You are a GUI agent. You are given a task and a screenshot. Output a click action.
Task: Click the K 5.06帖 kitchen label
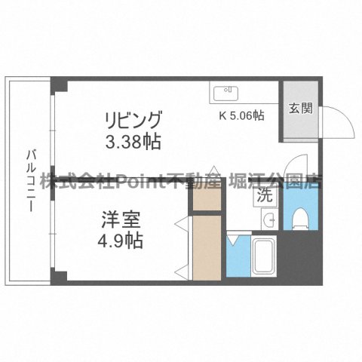(x=241, y=115)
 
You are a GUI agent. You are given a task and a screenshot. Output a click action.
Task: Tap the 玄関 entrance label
(x=296, y=109)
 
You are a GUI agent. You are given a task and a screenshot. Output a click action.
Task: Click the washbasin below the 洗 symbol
(x=269, y=219)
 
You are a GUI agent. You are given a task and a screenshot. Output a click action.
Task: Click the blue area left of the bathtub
(x=237, y=258)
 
